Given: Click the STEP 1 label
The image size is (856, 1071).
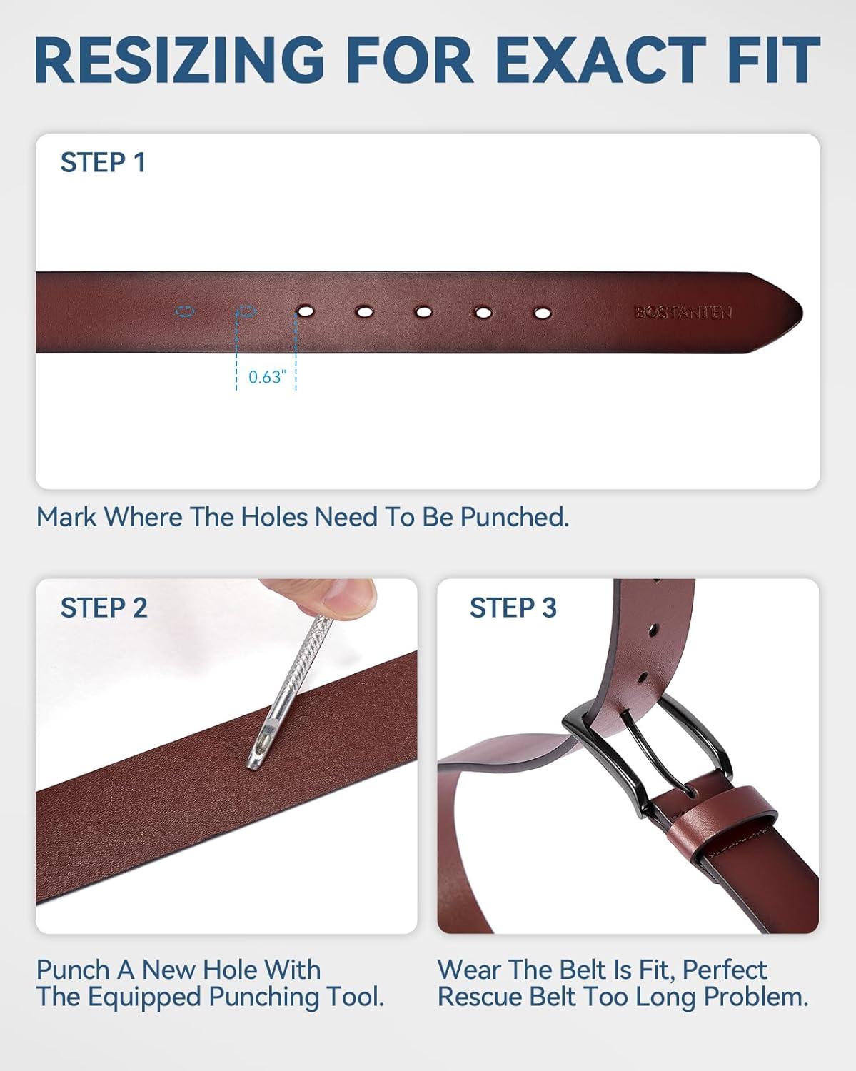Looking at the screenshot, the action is pos(103,163).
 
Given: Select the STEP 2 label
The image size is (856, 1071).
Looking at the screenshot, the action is pos(104,608).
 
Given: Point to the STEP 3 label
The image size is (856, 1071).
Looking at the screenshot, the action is pos(513,608).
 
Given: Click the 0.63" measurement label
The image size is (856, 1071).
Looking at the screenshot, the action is pos(267,377).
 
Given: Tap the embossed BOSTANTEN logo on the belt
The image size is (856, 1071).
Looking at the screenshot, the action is pos(683,313).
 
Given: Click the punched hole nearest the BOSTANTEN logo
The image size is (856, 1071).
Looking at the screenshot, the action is pos(542,313).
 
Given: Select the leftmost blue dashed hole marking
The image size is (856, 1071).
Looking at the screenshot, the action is pos(185,312).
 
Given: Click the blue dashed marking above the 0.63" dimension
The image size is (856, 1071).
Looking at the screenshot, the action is pos(247,312).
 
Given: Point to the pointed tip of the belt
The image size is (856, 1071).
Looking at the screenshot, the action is pos(802,313).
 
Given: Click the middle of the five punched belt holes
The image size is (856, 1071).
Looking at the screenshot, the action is pos(423,312).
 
